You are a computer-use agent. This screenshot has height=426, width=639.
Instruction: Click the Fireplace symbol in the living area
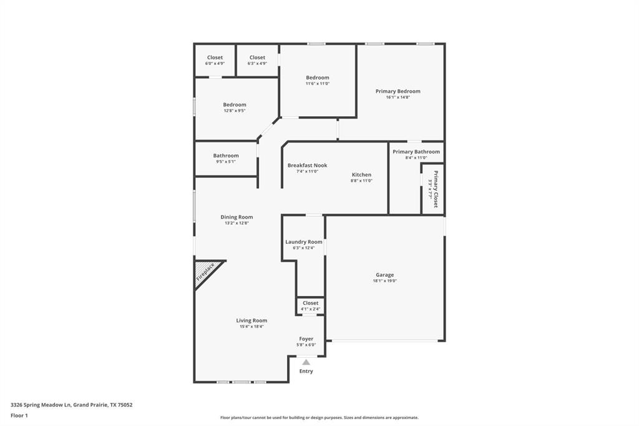coord(206,273)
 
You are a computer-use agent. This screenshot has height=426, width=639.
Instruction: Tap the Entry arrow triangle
coord(306,362)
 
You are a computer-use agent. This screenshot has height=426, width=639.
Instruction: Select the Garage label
coord(384,275)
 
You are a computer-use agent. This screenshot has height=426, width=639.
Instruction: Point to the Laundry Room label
coord(304,242)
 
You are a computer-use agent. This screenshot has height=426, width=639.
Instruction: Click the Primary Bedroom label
coord(398,91)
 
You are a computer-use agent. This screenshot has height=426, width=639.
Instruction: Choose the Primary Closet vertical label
coord(435,189)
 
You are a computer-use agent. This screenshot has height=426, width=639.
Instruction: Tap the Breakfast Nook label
coord(307,166)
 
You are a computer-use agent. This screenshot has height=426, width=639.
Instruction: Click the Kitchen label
coord(361,175)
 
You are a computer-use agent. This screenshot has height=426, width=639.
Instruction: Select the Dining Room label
coord(237,217)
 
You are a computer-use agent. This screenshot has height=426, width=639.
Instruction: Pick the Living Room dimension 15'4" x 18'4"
coord(251,327)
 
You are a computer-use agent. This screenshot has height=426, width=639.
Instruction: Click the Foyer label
coord(306,339)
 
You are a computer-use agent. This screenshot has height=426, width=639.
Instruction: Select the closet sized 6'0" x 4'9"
coord(215,63)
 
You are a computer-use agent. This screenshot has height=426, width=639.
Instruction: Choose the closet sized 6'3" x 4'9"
coord(257,63)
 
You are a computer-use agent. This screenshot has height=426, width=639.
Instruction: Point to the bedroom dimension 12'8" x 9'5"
coord(235,111)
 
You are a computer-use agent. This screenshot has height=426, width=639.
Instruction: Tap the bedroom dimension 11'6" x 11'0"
coord(318,84)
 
